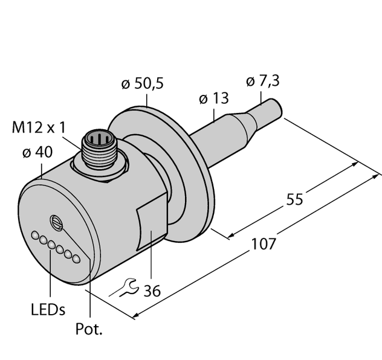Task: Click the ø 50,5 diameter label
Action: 142,85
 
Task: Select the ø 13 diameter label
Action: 212,98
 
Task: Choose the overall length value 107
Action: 264,243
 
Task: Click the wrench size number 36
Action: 152,291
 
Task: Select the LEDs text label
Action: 47,310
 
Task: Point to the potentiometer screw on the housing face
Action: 56,222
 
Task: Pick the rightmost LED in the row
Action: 76,260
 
